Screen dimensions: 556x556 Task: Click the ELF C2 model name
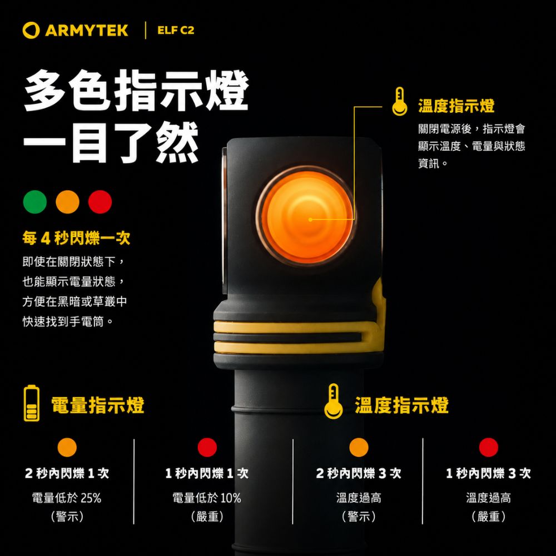(x=176, y=31)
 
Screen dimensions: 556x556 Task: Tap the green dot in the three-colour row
(x=34, y=202)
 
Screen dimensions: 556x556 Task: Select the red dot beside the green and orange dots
(x=100, y=202)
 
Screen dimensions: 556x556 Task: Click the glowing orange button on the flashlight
(x=306, y=216)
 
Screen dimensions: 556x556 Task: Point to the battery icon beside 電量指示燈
(x=32, y=403)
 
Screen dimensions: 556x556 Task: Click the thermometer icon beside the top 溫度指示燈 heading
(x=400, y=101)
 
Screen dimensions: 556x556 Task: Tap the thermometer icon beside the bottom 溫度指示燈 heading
(x=333, y=401)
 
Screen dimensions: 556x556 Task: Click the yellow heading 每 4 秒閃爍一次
(x=76, y=238)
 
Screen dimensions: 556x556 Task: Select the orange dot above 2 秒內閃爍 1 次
(x=67, y=447)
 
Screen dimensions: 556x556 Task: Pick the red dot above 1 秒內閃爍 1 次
(x=207, y=447)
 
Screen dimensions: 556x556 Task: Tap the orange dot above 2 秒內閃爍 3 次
(x=359, y=447)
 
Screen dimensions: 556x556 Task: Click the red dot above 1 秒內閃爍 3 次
(x=488, y=447)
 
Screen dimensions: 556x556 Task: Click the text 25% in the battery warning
(x=91, y=498)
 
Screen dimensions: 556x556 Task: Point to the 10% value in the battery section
(x=231, y=498)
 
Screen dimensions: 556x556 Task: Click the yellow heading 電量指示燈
(x=98, y=405)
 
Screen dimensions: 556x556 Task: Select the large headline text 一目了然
(x=111, y=142)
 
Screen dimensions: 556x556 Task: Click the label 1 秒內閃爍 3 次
(x=488, y=473)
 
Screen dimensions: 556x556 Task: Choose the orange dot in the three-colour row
(x=67, y=202)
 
